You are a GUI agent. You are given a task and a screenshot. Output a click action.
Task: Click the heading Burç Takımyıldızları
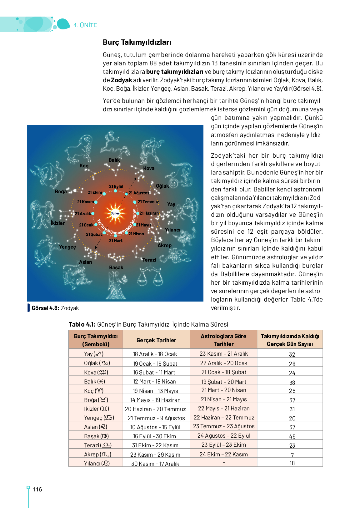point(137,42)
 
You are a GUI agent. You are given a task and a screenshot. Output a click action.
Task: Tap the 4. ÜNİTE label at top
point(85,25)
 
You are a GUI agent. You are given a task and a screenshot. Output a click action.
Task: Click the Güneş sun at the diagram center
point(115,213)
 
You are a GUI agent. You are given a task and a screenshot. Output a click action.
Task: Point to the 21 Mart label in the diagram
point(116,241)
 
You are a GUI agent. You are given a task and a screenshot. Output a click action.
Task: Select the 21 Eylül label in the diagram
point(116,186)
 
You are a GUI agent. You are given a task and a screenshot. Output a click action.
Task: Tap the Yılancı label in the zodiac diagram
point(172,230)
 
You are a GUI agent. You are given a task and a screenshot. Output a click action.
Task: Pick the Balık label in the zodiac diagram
point(114,160)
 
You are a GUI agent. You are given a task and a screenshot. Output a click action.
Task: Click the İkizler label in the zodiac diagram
point(58,223)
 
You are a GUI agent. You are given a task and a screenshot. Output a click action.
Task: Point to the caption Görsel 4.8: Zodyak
point(55,308)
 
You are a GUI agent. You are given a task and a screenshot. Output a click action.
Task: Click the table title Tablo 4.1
point(148,324)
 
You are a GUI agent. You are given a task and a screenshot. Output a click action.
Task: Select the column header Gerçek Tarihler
point(156,340)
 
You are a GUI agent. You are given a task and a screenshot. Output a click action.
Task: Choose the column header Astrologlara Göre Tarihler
point(223,340)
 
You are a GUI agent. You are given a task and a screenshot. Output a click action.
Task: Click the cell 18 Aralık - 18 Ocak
point(155,354)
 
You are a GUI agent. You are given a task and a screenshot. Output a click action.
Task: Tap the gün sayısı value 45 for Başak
point(292,436)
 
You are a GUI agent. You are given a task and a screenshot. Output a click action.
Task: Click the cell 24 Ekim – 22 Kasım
point(223,454)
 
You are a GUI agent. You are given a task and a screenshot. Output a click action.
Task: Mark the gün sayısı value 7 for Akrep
point(292,455)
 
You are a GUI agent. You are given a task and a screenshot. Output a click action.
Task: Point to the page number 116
point(37,490)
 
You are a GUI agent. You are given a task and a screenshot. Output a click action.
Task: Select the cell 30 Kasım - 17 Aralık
point(155,464)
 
